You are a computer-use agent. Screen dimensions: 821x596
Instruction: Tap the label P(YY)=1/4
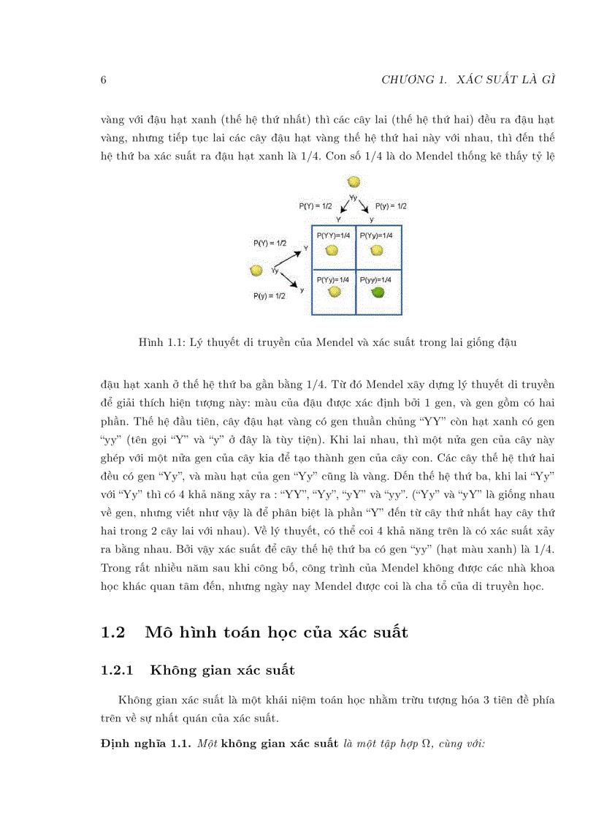333,235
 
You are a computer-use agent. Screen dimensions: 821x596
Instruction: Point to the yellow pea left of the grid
256,271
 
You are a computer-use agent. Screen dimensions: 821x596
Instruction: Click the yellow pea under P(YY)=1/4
332,250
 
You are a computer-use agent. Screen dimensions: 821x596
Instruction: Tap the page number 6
104,80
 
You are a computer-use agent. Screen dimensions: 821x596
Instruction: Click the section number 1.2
114,632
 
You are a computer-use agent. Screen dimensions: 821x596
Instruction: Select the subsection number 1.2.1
118,670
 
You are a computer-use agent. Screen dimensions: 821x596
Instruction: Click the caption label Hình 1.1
159,342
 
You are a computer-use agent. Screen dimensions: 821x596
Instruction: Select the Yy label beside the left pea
275,271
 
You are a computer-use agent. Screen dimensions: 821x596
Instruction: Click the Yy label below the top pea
354,198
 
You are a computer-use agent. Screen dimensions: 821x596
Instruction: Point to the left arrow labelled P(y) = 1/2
289,281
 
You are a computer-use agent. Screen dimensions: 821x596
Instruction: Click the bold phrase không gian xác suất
279,745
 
